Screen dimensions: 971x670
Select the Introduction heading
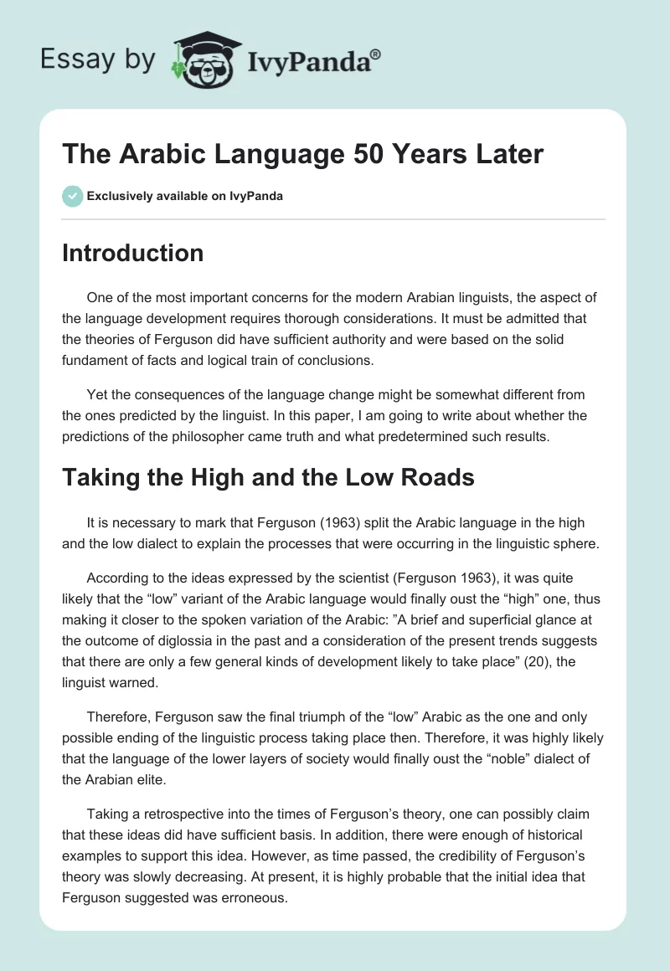coord(132,253)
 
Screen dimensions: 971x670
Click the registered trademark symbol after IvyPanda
coord(376,54)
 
